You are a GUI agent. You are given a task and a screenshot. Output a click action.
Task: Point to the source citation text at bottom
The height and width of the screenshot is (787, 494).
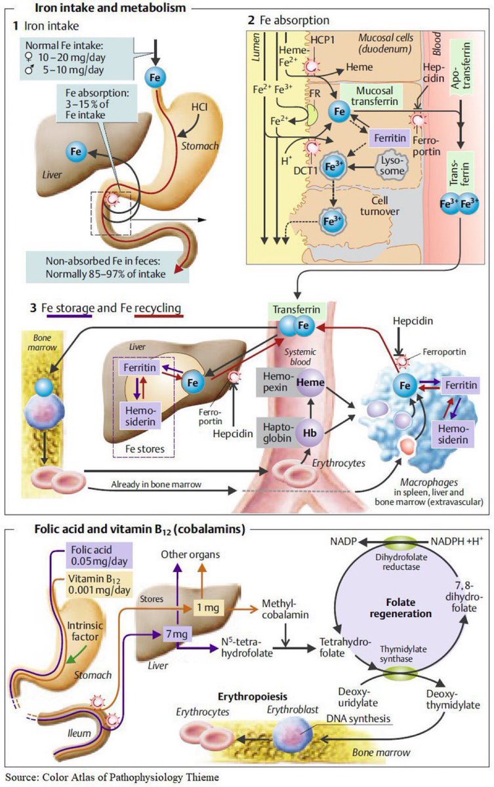point(111,777)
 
